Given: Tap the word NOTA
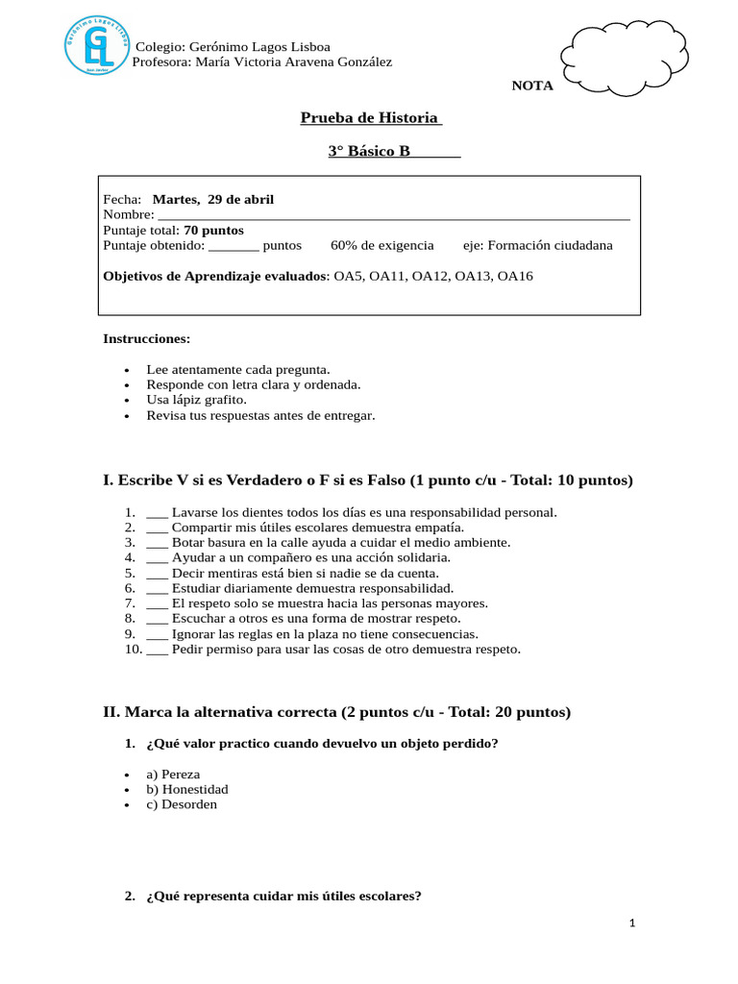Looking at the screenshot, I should coord(532,86).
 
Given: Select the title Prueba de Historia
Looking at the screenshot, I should coord(370,117).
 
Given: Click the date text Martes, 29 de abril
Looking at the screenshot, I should coord(213,199).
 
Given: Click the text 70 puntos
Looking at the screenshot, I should coord(213,230).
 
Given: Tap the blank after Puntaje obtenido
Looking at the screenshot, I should coord(234,245).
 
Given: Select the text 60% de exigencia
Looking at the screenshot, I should coord(382,245).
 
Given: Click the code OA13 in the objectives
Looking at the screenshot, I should coord(472,276).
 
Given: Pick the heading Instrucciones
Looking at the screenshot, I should coord(146,338).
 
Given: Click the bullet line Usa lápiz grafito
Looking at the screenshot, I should coord(196,400).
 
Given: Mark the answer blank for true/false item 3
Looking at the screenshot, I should coord(158,542).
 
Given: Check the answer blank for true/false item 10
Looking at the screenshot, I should coord(158,649).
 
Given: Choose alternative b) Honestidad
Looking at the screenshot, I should coord(187,789).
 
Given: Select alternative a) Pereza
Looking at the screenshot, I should coord(173,774).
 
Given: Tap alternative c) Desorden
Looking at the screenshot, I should coord(182,804).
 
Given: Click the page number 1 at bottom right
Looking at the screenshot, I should coord(632,923).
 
